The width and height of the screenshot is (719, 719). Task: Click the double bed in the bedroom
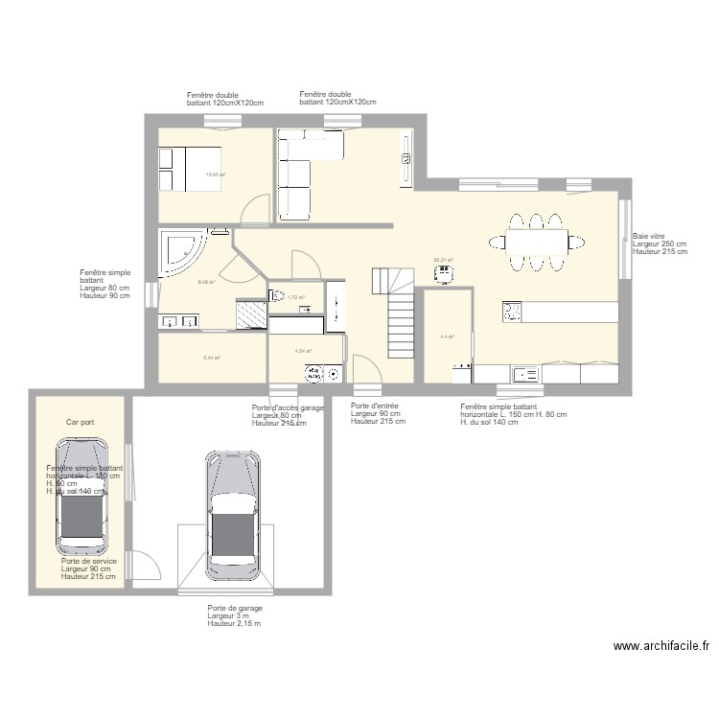point(190,169)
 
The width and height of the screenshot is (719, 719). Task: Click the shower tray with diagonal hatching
point(252,313)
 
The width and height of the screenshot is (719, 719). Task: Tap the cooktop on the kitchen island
point(513,312)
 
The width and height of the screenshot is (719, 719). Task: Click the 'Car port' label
point(80,422)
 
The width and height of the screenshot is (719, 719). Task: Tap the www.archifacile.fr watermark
point(661,647)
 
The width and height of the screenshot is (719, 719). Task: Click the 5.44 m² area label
point(212,358)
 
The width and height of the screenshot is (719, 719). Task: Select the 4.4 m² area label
point(446,336)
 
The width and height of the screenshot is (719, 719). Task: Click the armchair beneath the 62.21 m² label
point(444,274)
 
